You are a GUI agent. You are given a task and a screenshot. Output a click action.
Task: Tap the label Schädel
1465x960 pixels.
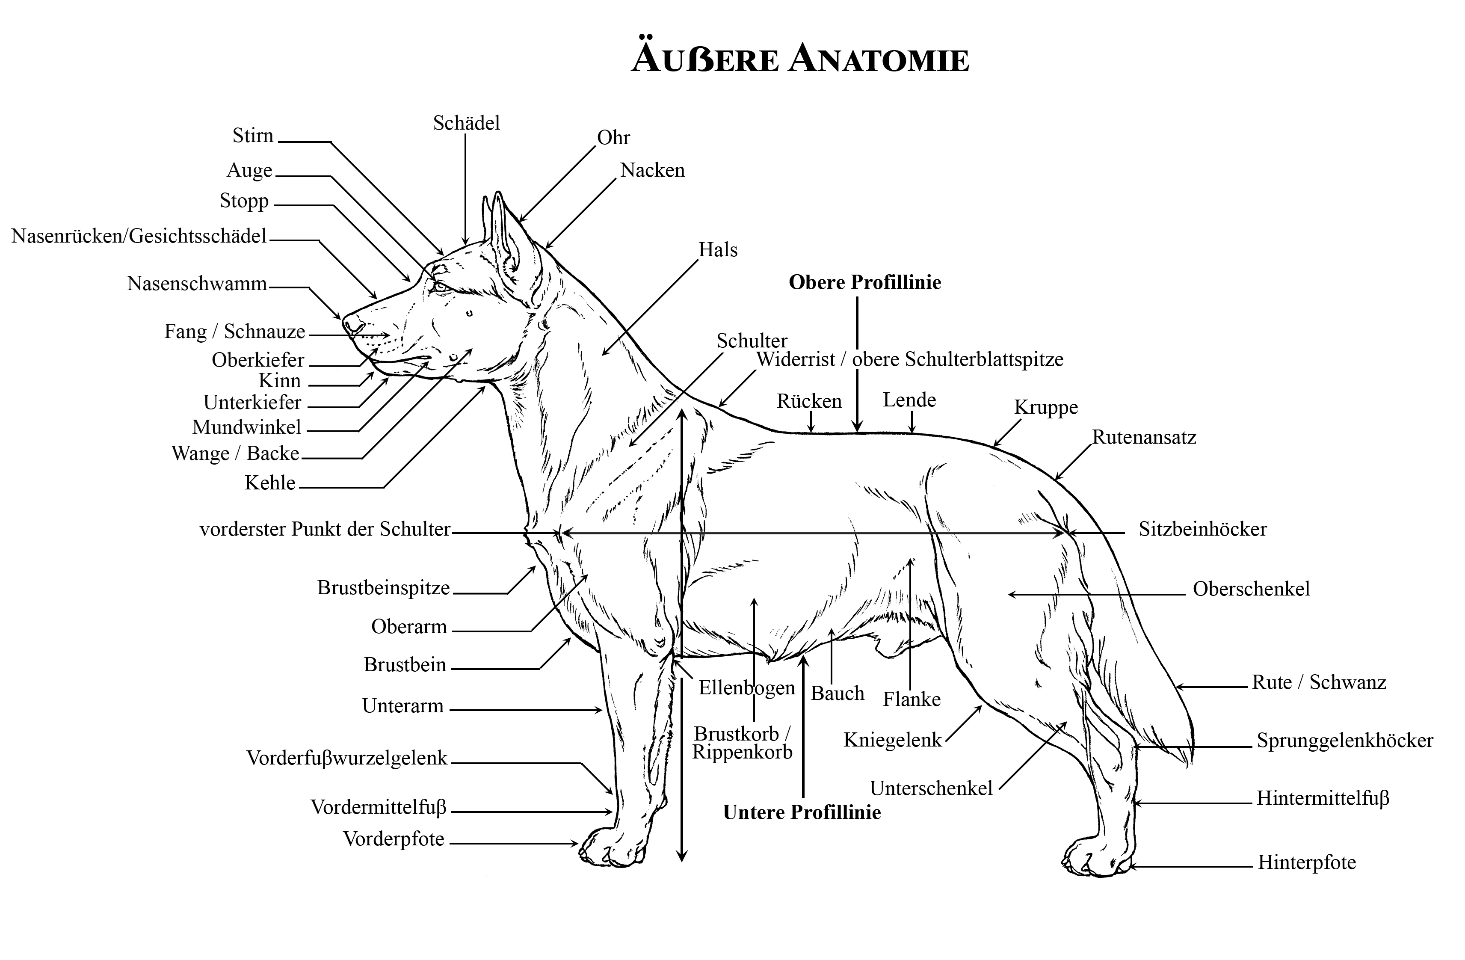[x=467, y=123]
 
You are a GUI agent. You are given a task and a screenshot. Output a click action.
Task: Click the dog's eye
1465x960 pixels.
[x=440, y=286]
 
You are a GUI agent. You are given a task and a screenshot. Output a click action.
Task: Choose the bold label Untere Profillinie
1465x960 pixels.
[x=802, y=812]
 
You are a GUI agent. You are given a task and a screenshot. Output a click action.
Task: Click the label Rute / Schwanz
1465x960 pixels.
[x=1319, y=682]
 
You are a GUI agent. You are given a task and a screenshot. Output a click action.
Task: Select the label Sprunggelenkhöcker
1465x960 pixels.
[x=1345, y=741]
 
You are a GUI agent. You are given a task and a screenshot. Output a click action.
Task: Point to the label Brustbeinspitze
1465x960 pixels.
[x=384, y=588]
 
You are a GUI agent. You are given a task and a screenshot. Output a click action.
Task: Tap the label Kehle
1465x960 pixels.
[x=270, y=483]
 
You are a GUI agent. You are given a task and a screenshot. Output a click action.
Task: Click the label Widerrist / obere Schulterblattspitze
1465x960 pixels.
[x=910, y=360]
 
